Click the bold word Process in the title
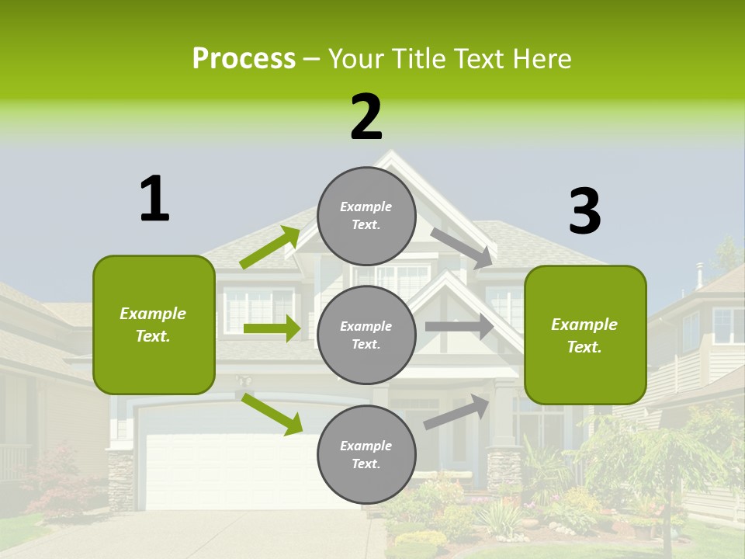[244, 59]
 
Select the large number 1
[154, 199]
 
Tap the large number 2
[366, 117]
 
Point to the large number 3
[584, 211]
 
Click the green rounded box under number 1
[154, 325]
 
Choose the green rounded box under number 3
[585, 335]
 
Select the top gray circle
[366, 215]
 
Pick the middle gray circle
[366, 335]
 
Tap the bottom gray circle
[366, 454]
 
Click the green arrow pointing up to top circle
[270, 248]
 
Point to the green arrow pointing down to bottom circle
[272, 414]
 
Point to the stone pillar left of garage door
[120, 480]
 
